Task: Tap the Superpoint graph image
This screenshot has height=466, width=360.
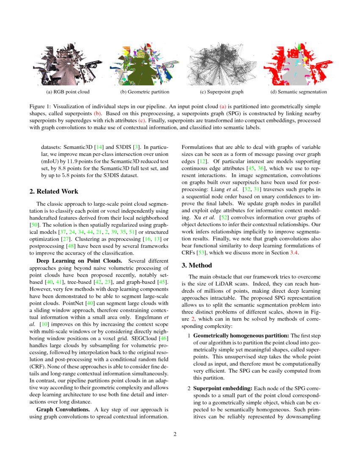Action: click(222, 64)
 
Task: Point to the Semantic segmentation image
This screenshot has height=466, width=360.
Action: click(299, 64)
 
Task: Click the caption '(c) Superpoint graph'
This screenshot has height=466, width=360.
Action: click(222, 92)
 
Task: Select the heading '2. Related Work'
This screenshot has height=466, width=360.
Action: click(54, 191)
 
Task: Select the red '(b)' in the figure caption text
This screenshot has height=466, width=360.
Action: click(97, 113)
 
